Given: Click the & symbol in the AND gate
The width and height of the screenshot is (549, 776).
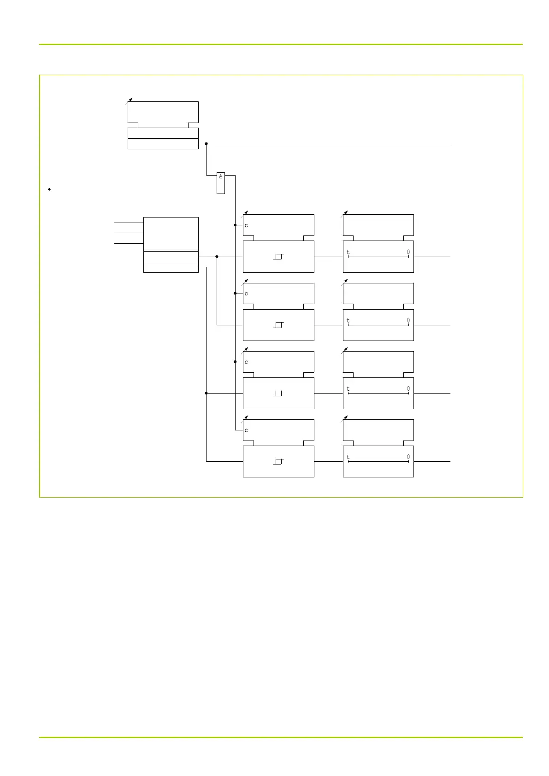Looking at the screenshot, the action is (x=221, y=176).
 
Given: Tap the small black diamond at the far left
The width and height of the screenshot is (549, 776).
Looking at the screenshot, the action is (x=49, y=189).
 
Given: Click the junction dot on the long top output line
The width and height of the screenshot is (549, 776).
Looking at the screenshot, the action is (x=206, y=144).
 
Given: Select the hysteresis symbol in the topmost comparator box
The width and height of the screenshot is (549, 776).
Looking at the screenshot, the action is (x=278, y=256).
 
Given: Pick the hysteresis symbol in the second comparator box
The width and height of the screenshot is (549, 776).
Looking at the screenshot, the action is (x=278, y=325).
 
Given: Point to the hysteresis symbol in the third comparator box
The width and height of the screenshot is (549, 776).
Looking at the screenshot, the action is (x=278, y=393).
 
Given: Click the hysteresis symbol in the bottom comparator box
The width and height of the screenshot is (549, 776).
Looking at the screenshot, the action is (x=278, y=461).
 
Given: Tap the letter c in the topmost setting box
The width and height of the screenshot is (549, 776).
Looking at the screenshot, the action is (x=246, y=225).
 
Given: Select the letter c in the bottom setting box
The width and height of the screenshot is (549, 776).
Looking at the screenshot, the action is (x=246, y=430).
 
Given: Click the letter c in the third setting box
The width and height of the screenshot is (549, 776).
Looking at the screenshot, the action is (x=246, y=362).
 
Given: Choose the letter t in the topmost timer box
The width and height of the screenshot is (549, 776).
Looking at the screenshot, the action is (x=348, y=252).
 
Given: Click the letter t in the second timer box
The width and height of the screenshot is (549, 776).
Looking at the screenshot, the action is (x=348, y=320).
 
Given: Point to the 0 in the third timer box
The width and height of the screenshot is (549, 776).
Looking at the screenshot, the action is (x=408, y=389).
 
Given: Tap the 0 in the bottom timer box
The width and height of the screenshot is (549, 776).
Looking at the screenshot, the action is (x=408, y=457).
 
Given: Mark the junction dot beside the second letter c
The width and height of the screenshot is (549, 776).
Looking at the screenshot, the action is (x=235, y=293).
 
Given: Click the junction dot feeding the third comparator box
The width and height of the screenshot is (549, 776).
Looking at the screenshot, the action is (x=206, y=393).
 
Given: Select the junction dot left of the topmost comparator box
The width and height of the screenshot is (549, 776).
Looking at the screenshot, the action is (x=217, y=257).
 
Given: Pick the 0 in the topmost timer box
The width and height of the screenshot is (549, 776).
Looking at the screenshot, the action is (x=408, y=252).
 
